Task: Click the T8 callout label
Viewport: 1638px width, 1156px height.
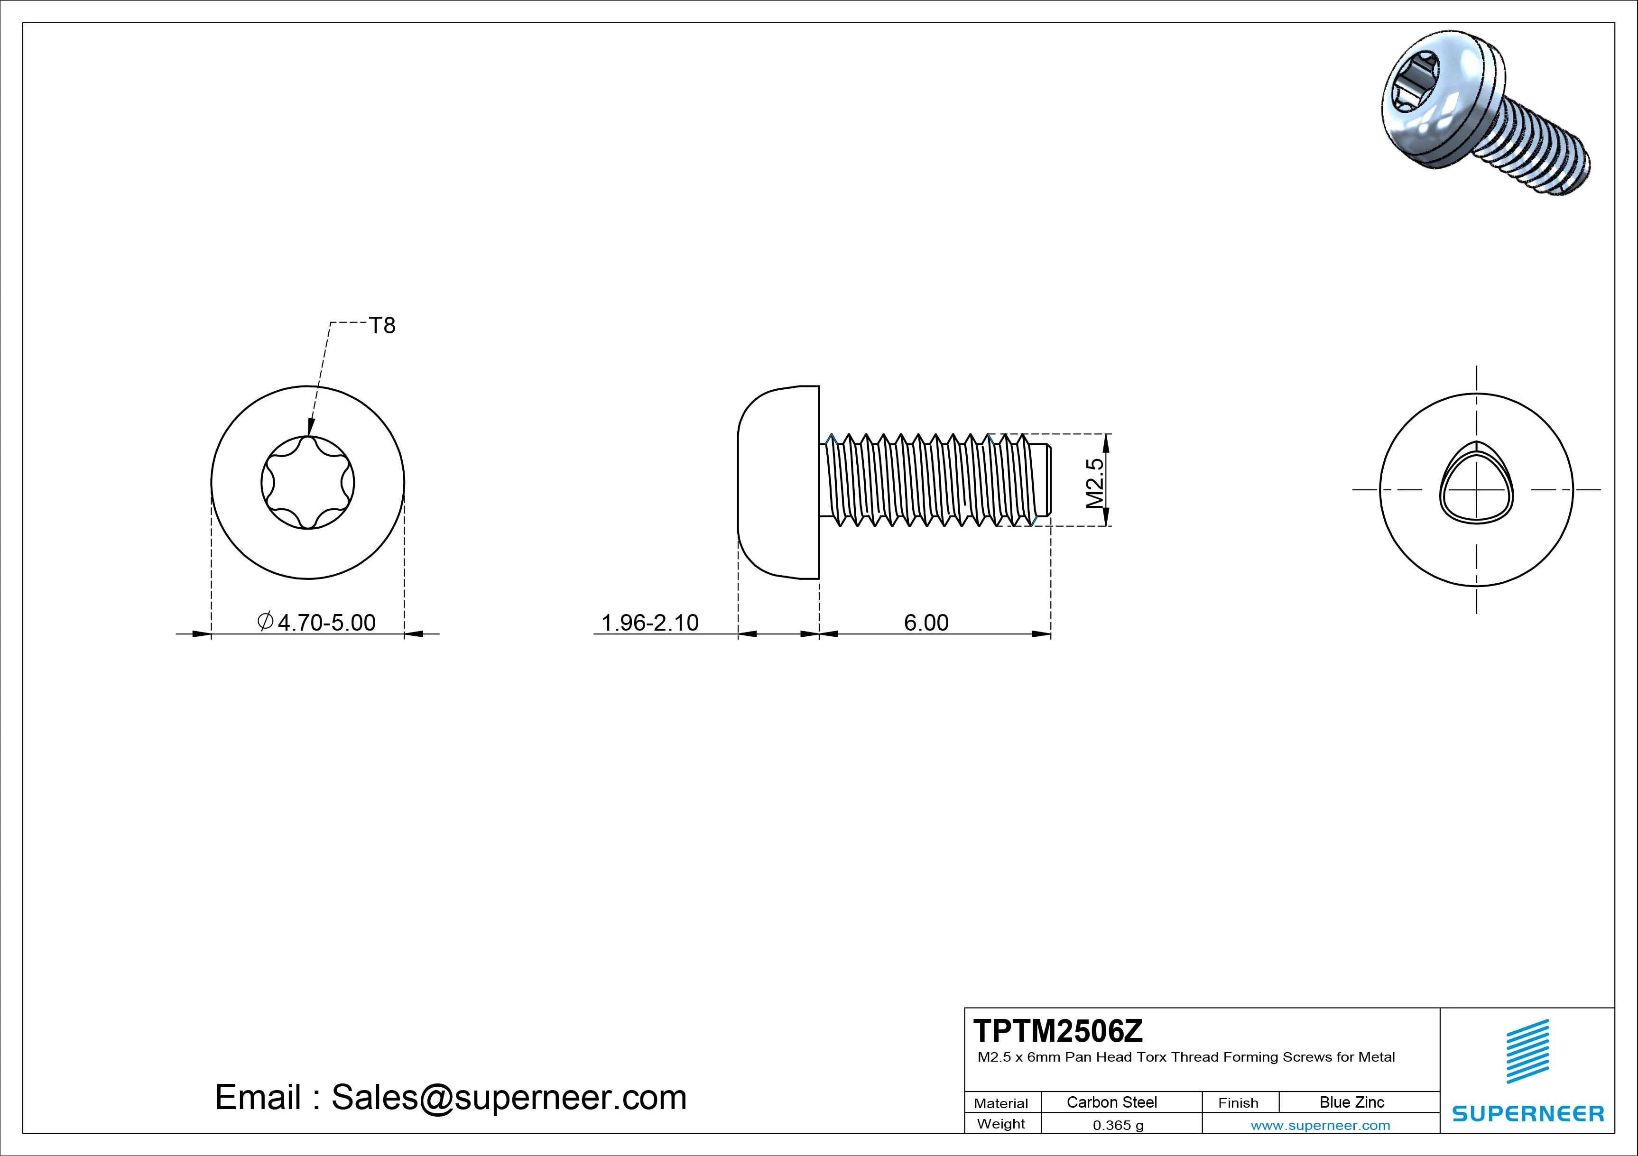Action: tap(382, 326)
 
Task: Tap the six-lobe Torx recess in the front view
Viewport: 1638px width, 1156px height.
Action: tap(307, 483)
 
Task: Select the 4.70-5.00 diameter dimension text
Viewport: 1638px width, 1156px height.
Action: tap(325, 623)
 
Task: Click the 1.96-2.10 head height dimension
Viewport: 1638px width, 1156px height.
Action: tap(650, 623)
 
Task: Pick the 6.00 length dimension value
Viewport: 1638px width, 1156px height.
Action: tap(926, 623)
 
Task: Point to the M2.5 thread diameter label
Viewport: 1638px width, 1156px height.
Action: tap(1095, 483)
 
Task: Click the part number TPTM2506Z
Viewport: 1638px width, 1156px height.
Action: tap(1058, 1030)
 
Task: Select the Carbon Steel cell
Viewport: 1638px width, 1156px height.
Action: tap(1111, 1102)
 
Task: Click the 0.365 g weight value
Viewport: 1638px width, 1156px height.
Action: tap(1118, 1125)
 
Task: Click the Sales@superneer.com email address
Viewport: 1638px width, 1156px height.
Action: tap(509, 1097)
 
